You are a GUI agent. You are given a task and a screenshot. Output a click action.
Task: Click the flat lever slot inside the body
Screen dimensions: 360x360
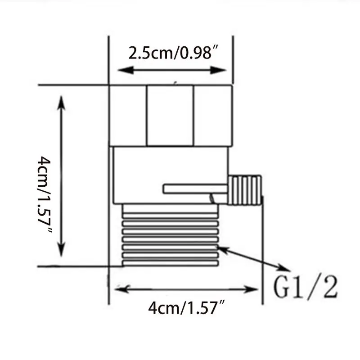point(195,189)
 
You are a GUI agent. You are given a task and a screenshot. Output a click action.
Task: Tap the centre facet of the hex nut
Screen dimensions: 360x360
point(170,115)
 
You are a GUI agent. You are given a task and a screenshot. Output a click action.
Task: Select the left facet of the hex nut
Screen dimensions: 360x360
point(128,115)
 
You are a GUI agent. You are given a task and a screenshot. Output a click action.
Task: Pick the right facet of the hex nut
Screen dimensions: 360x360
point(213,115)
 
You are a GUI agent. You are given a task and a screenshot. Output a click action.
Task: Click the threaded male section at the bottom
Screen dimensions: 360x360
point(170,234)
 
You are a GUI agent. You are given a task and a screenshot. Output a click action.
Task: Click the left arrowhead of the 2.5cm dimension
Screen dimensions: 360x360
point(123,70)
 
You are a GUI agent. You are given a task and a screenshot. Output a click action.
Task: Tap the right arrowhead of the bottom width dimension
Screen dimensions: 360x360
point(254,288)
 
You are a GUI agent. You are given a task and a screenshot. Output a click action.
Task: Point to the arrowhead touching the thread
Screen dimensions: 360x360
point(221,247)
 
